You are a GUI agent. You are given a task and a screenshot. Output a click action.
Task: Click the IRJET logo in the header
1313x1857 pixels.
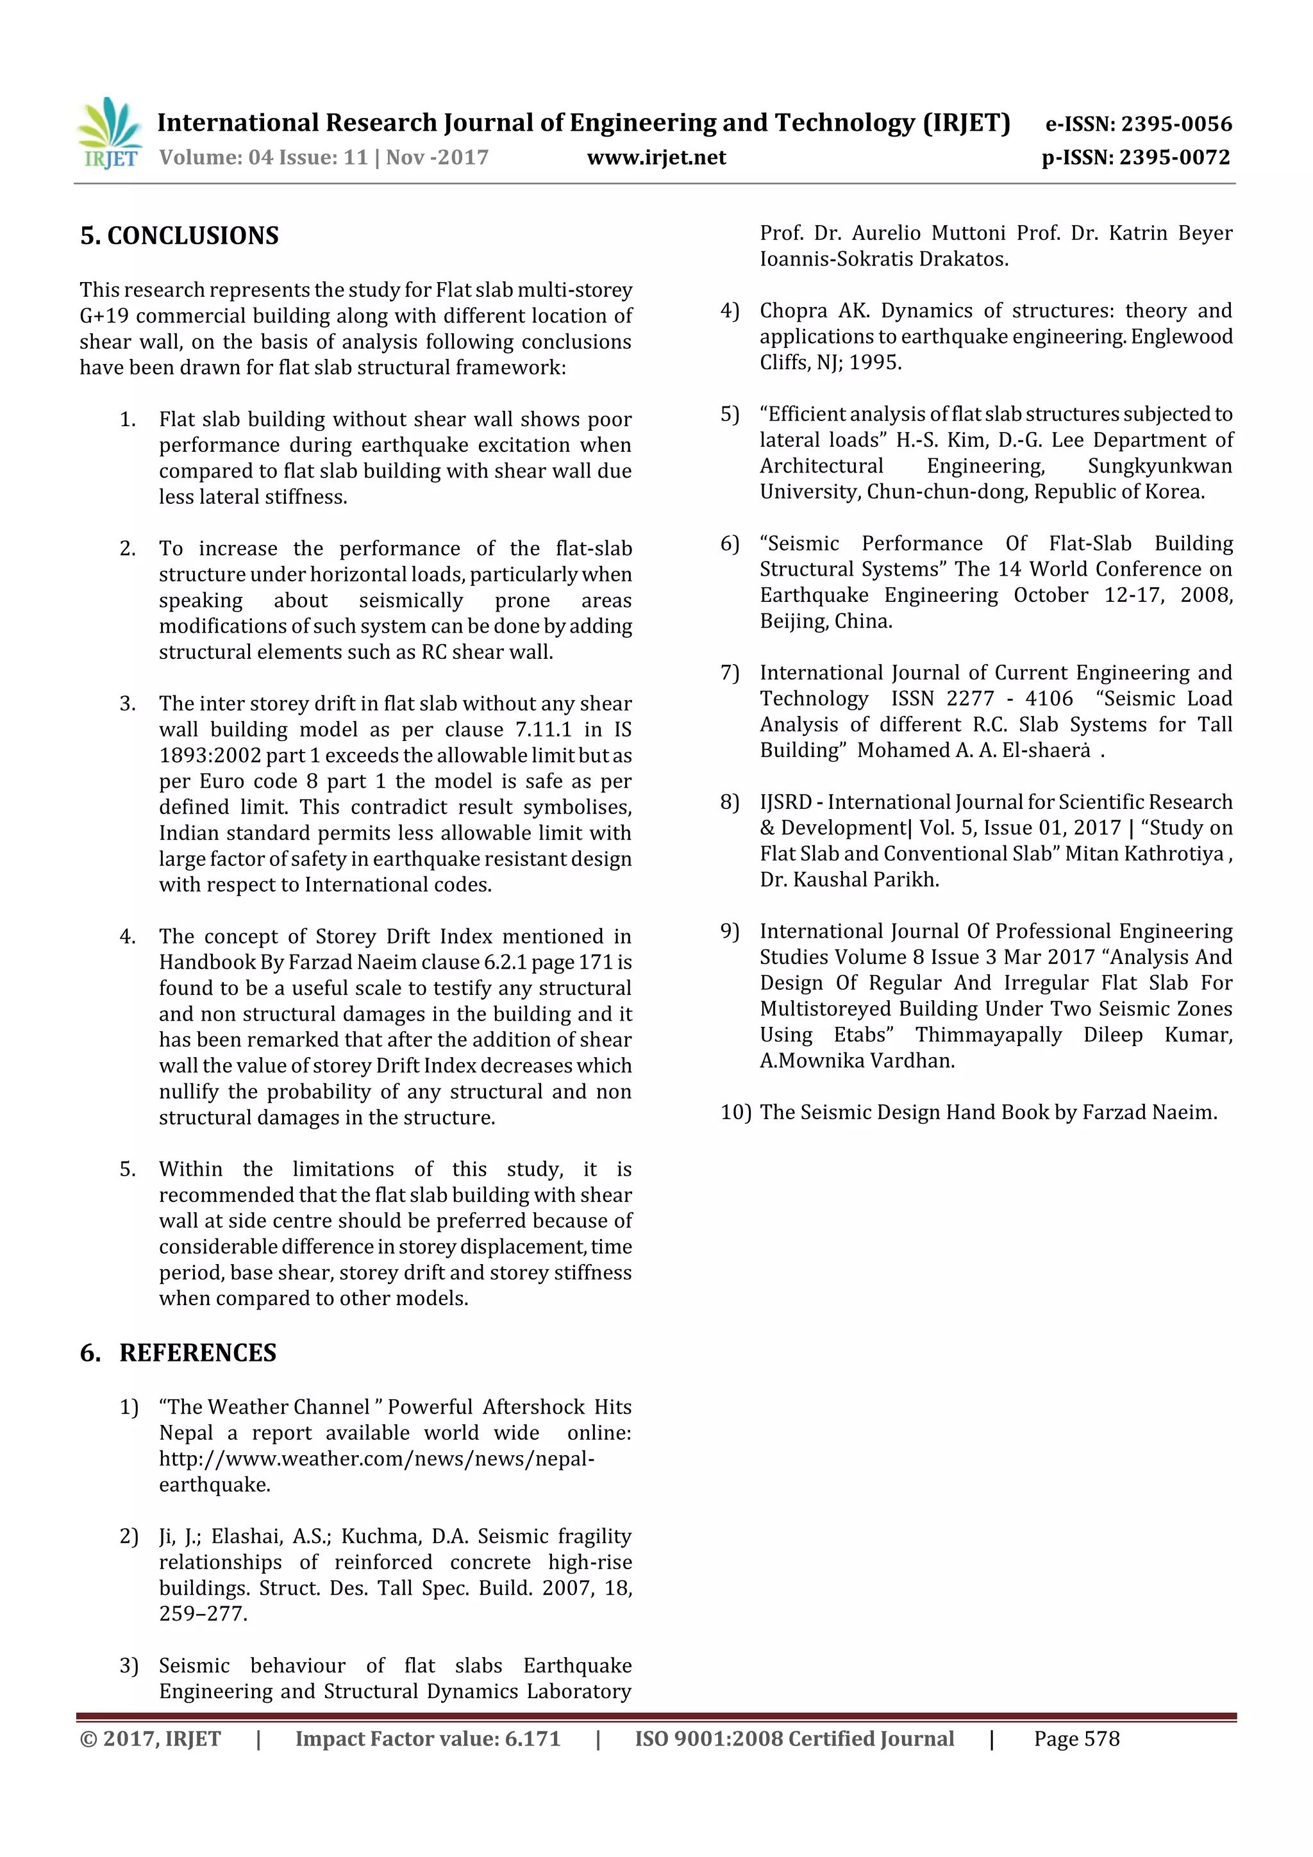point(109,133)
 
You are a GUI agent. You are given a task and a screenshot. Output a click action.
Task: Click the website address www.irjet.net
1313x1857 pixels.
point(656,158)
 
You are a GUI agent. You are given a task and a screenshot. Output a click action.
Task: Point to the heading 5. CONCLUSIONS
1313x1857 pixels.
point(180,236)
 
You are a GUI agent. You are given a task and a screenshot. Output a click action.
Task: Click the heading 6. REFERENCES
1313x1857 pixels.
point(178,1353)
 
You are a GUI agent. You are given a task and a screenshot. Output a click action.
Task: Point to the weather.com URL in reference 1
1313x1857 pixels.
point(376,1458)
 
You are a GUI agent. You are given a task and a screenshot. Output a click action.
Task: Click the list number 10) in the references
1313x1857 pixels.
point(735,1113)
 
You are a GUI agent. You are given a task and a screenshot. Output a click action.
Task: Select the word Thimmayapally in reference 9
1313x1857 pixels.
point(988,1035)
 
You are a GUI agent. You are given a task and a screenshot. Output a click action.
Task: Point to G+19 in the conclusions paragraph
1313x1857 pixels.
point(105,315)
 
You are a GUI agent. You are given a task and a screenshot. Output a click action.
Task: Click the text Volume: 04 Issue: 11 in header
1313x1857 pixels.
point(263,158)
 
